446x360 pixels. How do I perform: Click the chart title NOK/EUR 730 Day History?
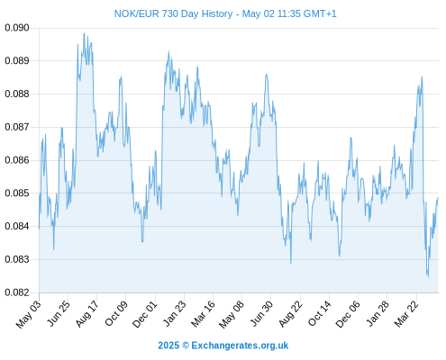173,13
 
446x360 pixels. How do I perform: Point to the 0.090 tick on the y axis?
17,28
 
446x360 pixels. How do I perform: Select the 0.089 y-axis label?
17,61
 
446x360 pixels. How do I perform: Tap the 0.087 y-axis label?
17,127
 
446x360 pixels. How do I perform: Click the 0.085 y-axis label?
17,193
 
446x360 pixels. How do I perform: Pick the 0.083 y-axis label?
17,259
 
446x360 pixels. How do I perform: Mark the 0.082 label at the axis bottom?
17,292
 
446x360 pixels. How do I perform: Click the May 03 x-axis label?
28,314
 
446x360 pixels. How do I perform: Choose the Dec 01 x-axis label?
144,314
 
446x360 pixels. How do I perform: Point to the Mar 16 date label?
203,314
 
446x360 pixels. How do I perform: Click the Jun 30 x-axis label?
261,314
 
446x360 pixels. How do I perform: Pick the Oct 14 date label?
320,314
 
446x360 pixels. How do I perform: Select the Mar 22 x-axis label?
406,314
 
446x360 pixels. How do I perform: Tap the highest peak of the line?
84,33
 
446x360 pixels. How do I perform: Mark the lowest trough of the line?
428,277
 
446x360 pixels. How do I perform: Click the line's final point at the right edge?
438,198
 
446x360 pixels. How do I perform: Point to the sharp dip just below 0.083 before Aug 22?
291,263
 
